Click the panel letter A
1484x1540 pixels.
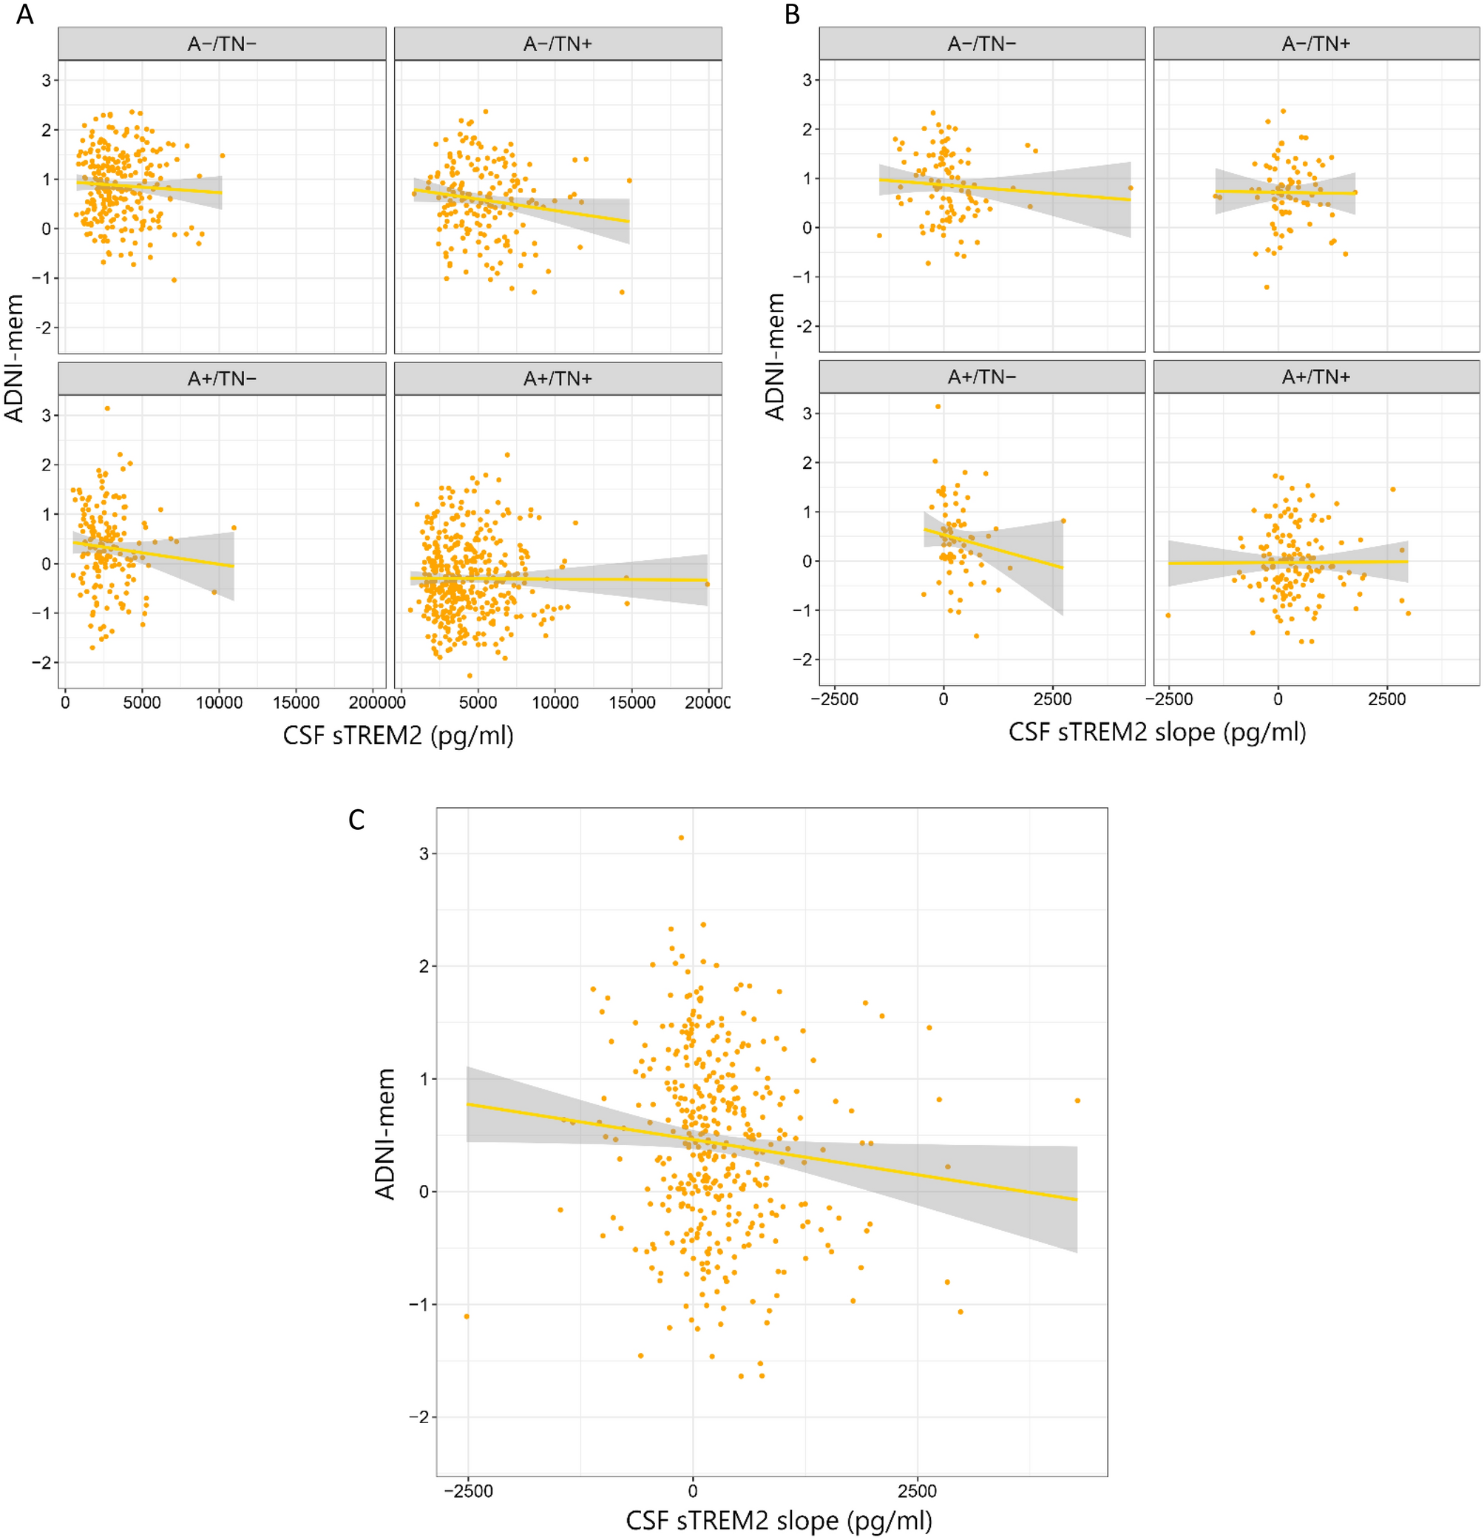24,14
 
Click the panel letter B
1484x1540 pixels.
792,14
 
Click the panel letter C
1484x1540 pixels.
356,820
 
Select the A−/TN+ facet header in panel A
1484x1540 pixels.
557,44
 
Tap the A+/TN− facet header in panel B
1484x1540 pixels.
981,377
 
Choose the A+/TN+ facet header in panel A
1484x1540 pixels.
557,379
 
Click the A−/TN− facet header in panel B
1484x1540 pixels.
981,44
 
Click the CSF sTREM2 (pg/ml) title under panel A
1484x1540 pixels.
399,735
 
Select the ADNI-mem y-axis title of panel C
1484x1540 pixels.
385,1134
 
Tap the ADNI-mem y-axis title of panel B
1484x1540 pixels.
776,357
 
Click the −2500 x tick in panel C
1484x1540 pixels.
467,1491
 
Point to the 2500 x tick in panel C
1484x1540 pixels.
917,1491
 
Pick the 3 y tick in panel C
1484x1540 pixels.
424,854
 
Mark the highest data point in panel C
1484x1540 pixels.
681,837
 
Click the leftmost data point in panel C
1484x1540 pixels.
467,1316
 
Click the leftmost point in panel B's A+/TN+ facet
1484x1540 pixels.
1168,615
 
